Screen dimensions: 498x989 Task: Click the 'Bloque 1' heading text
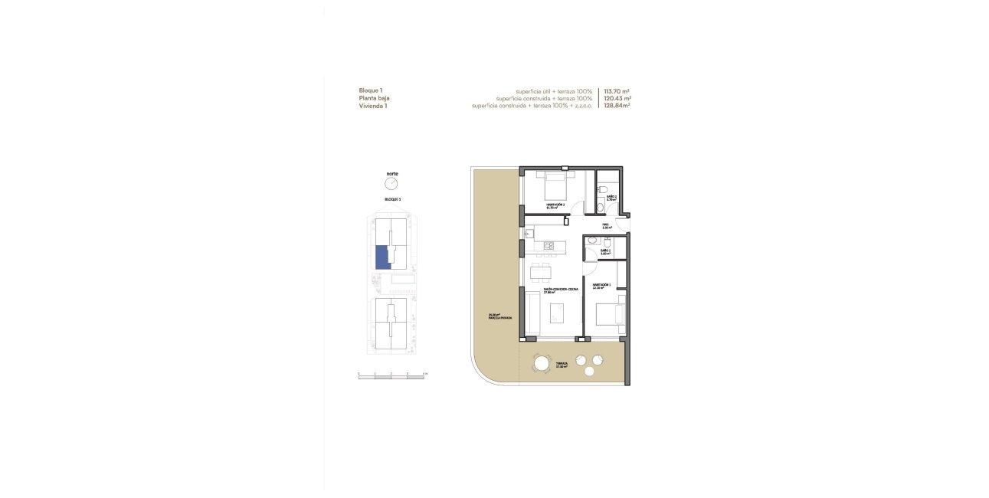tap(371, 90)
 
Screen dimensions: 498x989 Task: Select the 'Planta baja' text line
tap(375, 98)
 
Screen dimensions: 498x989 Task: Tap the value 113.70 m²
tap(617, 90)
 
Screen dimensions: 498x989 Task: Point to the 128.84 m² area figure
tap(617, 106)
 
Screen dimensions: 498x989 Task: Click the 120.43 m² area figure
tap(617, 98)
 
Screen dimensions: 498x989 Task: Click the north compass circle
tap(392, 185)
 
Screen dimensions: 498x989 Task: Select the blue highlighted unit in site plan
tap(382, 257)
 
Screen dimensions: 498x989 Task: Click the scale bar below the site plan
tap(391, 377)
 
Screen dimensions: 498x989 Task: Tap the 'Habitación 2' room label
tap(555, 205)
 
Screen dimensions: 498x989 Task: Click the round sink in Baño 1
tap(591, 241)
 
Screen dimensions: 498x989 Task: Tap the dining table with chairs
tap(541, 272)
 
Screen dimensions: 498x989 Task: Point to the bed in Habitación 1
tap(610, 315)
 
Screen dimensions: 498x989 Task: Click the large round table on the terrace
tap(542, 363)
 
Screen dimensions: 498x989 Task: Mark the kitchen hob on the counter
tap(549, 245)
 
